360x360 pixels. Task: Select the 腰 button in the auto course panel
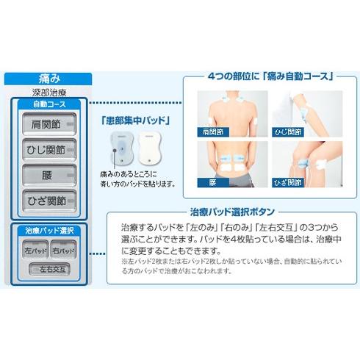[50, 175]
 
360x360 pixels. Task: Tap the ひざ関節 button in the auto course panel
[50, 199]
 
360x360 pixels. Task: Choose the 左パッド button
[35, 251]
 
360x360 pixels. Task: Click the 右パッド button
[65, 251]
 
